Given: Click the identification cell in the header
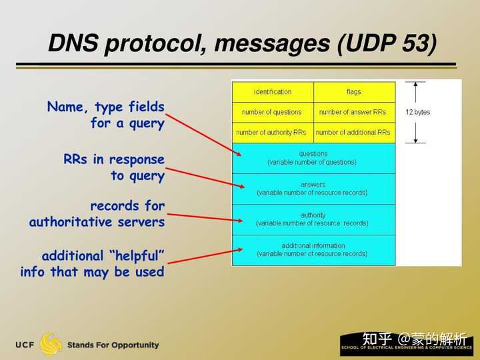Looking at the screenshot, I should pos(273,91).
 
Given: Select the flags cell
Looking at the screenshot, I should pos(353,91).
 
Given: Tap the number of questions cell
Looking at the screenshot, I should pos(272,112).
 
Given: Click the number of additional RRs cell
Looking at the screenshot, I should pos(353,133).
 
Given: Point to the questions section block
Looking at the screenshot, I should pos(313,158).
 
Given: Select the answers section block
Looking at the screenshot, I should pos(313,189).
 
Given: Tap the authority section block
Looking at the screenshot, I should pos(313,219).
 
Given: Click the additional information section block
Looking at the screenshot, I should pos(313,250).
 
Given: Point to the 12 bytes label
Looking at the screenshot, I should pos(418,112).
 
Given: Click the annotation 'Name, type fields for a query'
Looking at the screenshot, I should pos(106,115).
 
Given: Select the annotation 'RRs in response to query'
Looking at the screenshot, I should pos(114,167).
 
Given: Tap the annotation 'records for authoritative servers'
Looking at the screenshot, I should pos(97,214).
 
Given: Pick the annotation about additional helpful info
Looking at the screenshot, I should pos(93,264).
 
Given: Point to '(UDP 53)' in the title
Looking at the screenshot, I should pos(387,45).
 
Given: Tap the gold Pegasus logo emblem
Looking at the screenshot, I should pos(51,344).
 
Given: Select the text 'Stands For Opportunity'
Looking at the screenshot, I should pos(113,345).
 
